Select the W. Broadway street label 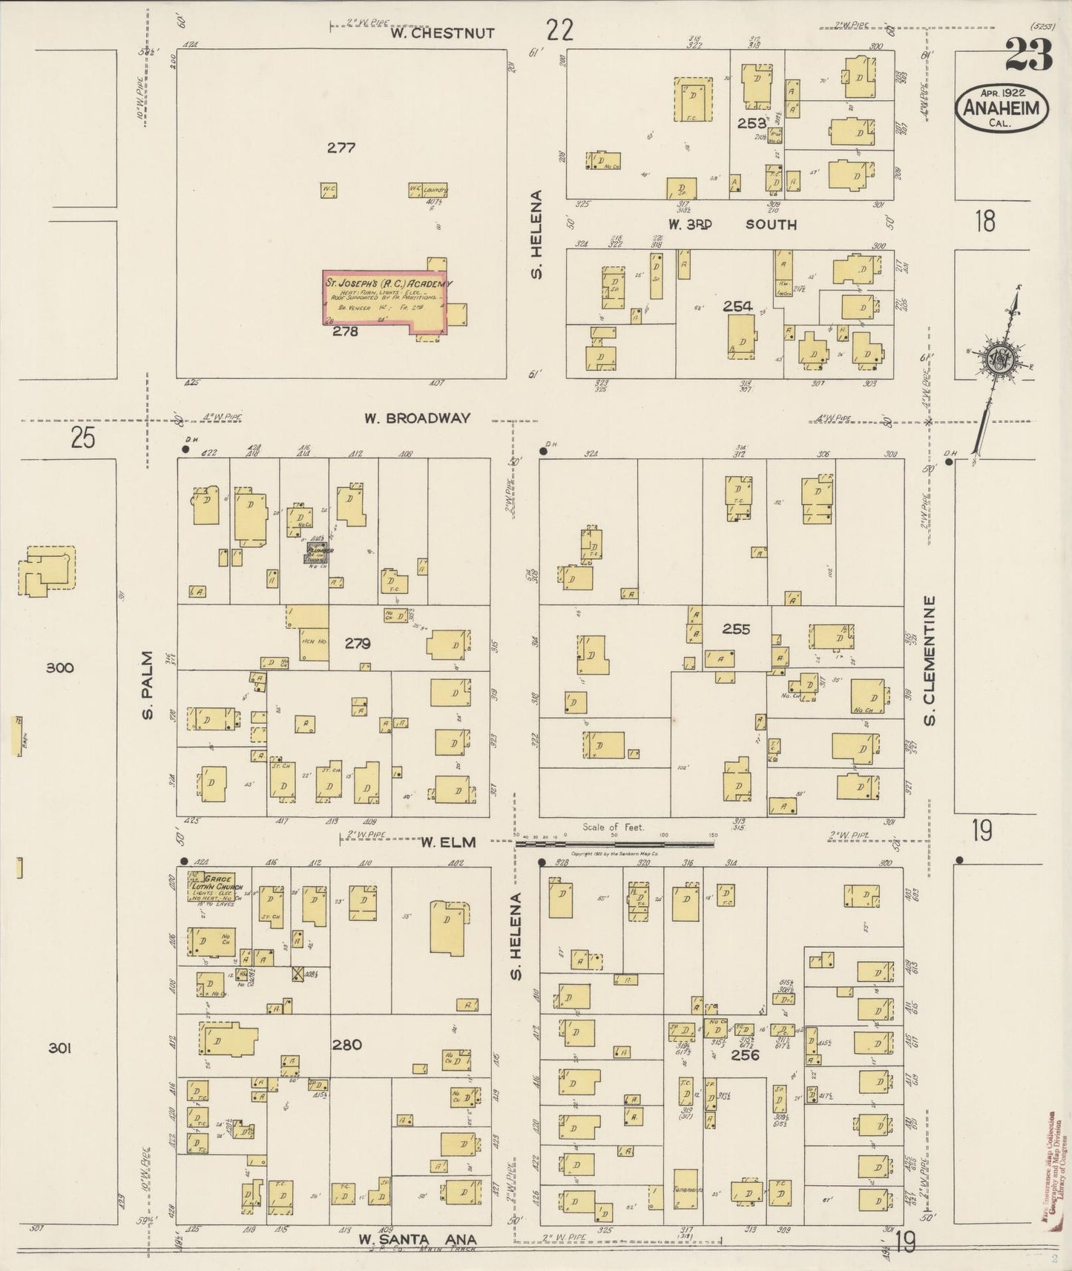[x=417, y=418]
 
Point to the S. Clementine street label [x=930, y=661]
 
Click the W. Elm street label [x=448, y=842]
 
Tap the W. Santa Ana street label [x=417, y=1239]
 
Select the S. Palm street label [x=148, y=684]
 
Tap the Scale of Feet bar [x=614, y=843]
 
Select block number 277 [x=341, y=148]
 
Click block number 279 [x=357, y=644]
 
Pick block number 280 [x=346, y=1045]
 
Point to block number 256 [x=744, y=1054]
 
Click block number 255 [x=736, y=629]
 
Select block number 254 [x=737, y=306]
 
